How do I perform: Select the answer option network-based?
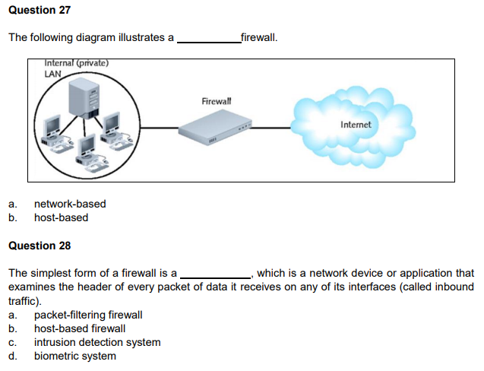pyautogui.click(x=70, y=204)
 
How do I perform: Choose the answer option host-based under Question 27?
pyautogui.click(x=61, y=217)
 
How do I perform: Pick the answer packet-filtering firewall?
pyautogui.click(x=88, y=315)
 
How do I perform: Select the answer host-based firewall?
pyautogui.click(x=80, y=328)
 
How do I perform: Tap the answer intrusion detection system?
pyautogui.click(x=97, y=342)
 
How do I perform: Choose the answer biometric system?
pyautogui.click(x=75, y=356)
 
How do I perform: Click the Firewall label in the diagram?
pyautogui.click(x=217, y=101)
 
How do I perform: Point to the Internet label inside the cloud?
pyautogui.click(x=356, y=124)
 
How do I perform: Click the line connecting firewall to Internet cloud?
pyautogui.click(x=274, y=127)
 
